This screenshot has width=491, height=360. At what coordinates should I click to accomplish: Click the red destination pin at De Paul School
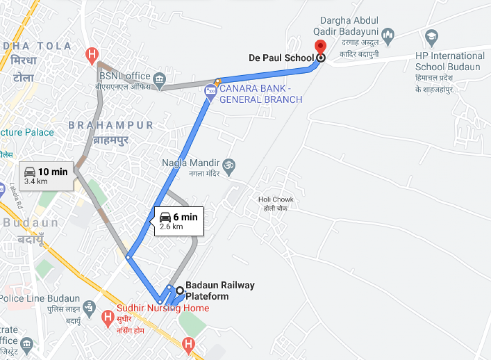(x=320, y=48)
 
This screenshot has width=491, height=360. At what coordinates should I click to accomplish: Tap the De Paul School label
(x=281, y=58)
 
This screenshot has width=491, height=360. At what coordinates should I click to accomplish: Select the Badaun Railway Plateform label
(x=220, y=290)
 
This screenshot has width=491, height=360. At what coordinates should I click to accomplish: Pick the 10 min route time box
(x=47, y=176)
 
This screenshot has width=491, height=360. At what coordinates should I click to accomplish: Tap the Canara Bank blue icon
(x=211, y=91)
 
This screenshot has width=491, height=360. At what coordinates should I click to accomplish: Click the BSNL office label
(x=125, y=76)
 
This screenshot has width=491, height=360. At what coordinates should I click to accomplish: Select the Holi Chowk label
(x=276, y=203)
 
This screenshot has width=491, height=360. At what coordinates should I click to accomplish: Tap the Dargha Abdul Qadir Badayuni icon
(x=388, y=35)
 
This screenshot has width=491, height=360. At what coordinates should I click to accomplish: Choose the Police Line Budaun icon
(x=89, y=307)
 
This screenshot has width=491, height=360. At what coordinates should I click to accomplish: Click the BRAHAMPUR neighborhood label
(x=111, y=125)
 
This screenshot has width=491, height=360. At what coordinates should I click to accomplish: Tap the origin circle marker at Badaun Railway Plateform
(x=180, y=290)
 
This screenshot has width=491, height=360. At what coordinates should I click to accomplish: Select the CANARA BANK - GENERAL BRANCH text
(x=260, y=94)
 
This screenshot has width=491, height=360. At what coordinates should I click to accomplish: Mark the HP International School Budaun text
(x=449, y=61)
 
